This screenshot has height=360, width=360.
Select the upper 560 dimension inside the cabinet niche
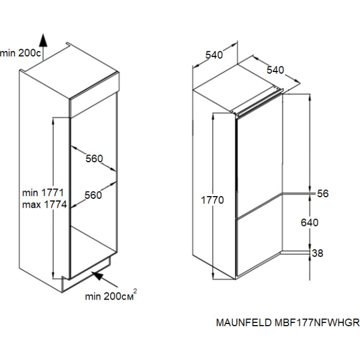[x=94, y=159]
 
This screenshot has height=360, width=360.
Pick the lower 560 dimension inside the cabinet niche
[x=93, y=195]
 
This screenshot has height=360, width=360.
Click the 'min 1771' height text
[x=44, y=193]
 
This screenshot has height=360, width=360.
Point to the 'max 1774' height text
[x=44, y=204]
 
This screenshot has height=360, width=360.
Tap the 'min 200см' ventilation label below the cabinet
[x=108, y=296]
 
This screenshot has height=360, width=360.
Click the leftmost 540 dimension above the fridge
[x=214, y=55]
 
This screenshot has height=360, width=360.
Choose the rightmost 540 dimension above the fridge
[x=275, y=70]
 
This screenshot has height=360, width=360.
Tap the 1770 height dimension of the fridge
[x=212, y=200]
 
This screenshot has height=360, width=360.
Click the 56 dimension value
[x=323, y=194]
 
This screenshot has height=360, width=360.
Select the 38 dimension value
[x=317, y=254]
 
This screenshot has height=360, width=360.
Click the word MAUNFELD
[x=242, y=323]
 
